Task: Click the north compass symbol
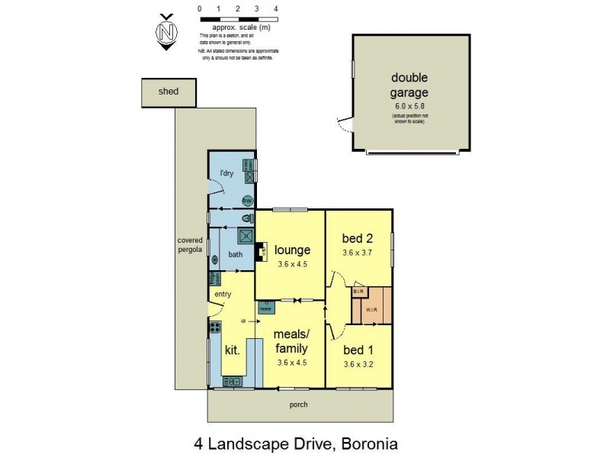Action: point(165,31)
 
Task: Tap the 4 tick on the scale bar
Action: point(276,9)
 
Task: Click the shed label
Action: point(168,91)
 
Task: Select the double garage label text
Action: point(409,85)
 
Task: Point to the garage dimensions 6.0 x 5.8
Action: point(409,107)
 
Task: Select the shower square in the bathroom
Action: point(246,236)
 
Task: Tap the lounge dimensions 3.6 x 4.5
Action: point(292,264)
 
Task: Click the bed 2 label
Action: point(357,238)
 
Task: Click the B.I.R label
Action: point(359,292)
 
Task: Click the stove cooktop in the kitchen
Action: point(216,329)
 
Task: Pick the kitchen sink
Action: point(232,381)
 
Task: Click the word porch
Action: point(299,404)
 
